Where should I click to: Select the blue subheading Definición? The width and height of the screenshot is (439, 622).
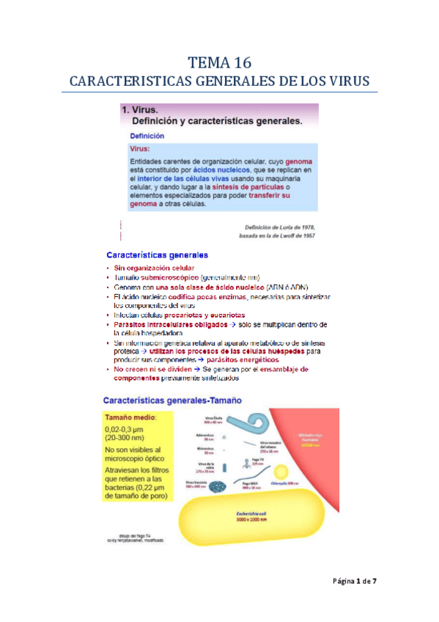[x=147, y=136]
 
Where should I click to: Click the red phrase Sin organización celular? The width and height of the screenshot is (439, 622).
[x=154, y=268]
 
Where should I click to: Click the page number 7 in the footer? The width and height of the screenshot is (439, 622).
[x=375, y=582]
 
